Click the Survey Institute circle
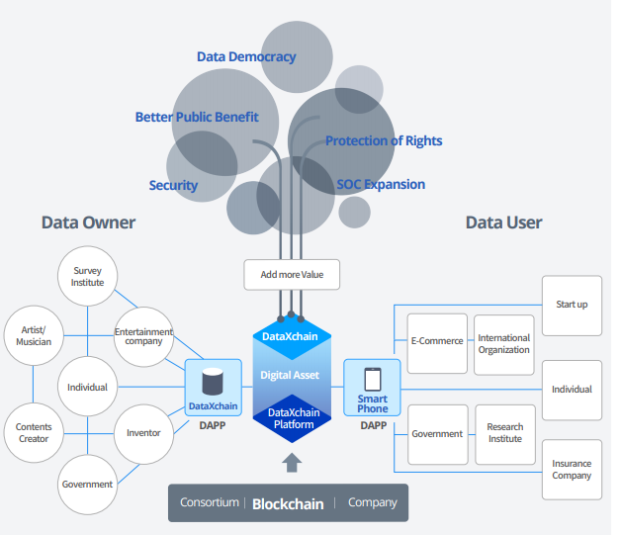coord(87,276)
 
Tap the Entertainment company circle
coord(144,335)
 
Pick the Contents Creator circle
coord(34,433)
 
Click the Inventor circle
coord(144,433)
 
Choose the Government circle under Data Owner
coord(87,485)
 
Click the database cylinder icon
coord(213,382)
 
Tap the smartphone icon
coord(373,379)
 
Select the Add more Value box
coord(292,275)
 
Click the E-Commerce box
coord(437,342)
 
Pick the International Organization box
coord(504,343)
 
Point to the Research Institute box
coord(504,434)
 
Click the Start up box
coord(572,305)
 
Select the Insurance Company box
coord(572,469)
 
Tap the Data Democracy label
coord(246,56)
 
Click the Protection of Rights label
coord(384,140)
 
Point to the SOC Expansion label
coord(381,184)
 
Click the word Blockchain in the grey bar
coord(288,503)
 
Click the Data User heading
coord(503,223)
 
